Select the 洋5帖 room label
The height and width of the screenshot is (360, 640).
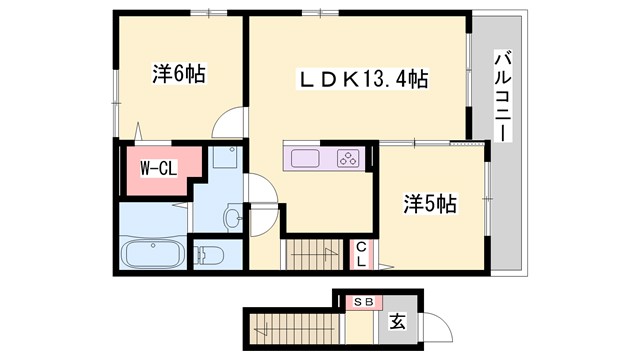click(x=430, y=204)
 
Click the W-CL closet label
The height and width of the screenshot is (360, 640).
click(x=158, y=168)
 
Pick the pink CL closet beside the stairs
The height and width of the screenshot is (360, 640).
click(x=361, y=254)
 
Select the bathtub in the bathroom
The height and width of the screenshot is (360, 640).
click(x=151, y=255)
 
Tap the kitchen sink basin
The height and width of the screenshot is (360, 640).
click(x=304, y=158)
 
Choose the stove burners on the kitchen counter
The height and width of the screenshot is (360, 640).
click(x=348, y=158)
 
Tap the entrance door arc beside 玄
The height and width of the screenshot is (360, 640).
click(x=428, y=325)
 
